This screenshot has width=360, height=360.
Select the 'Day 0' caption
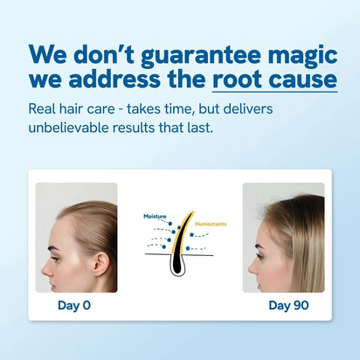click(x=74, y=305)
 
